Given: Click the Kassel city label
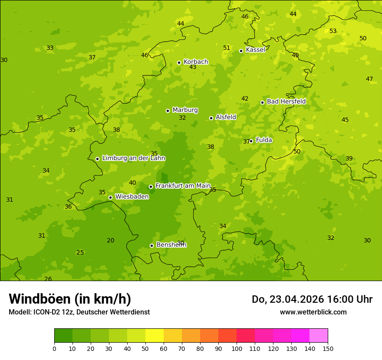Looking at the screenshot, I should [255, 50].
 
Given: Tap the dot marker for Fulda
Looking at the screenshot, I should [251, 141].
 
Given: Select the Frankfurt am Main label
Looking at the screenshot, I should [183, 186].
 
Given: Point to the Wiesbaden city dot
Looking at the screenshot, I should [110, 197].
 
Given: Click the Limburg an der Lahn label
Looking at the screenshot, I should [133, 158].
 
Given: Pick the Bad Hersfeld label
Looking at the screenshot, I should [286, 101].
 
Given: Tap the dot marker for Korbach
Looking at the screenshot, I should [179, 62].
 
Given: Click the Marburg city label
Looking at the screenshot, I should [185, 110].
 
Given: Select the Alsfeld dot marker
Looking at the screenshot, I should [211, 118].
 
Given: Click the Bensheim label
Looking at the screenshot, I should [171, 245].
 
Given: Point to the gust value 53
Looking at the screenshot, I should [333, 31].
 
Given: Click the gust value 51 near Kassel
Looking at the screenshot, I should [227, 48].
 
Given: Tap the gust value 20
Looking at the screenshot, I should [111, 240].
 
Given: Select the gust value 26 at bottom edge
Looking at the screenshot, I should [48, 279].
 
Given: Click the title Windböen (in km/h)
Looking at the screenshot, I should [69, 299].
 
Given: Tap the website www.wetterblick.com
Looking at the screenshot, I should [313, 312].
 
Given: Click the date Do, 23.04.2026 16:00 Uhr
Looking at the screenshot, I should [312, 299].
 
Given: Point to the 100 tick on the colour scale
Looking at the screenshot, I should [237, 348].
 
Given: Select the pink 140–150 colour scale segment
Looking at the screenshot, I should [319, 336].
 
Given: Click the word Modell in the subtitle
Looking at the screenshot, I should [19, 312].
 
